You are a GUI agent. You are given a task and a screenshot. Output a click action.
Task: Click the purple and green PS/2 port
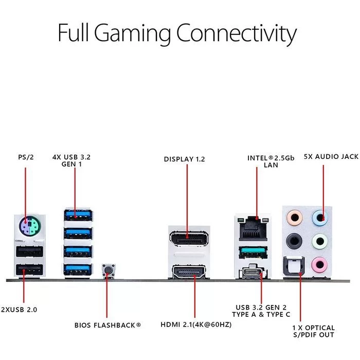(x=30, y=225)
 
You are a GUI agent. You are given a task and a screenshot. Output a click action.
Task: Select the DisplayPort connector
(x=189, y=239)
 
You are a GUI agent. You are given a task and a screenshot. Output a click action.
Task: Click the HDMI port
(x=189, y=272)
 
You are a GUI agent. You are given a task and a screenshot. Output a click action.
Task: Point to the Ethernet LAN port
(x=253, y=228)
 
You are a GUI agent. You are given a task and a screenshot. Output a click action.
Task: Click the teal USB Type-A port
(x=253, y=252)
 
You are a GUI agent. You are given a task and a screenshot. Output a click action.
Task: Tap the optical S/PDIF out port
(x=294, y=266)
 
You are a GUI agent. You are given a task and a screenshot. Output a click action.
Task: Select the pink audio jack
(x=319, y=265)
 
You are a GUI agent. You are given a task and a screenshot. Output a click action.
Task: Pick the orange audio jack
(x=295, y=218)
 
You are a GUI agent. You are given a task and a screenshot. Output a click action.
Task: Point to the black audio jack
(x=294, y=241)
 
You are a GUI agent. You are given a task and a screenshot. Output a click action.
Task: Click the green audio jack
(x=320, y=241)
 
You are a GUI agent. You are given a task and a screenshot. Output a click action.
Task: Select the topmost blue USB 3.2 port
(x=78, y=215)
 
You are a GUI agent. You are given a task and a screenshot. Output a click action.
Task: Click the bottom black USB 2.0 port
(x=30, y=270)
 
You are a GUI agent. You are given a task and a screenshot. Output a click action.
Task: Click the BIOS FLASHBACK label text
(x=107, y=325)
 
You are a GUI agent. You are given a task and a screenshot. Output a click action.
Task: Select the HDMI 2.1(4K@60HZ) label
(x=196, y=325)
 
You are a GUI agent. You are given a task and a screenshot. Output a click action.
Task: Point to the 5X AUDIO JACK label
(x=331, y=156)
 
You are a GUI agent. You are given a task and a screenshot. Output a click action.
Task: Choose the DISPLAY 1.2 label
(x=184, y=159)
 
